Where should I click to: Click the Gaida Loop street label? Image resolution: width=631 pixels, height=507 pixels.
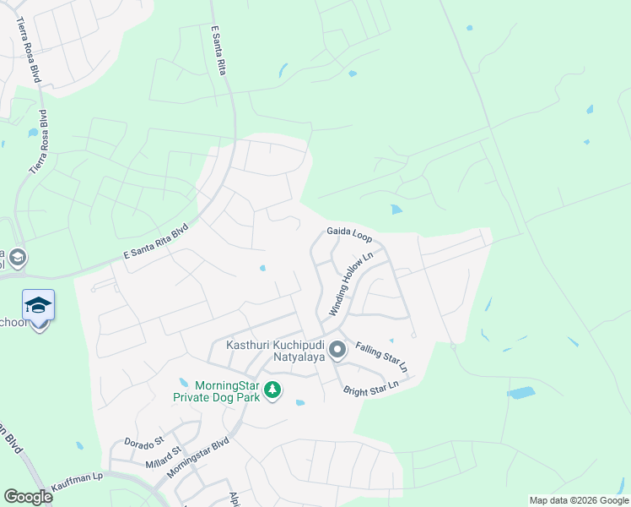349,234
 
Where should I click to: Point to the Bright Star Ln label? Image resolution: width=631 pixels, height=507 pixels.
370,388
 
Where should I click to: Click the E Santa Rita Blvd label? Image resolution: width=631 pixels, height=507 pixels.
155,248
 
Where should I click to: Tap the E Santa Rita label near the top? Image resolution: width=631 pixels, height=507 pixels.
221,52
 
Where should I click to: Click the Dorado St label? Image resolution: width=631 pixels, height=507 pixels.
143,443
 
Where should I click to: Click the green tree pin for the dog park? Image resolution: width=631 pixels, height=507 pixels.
272,390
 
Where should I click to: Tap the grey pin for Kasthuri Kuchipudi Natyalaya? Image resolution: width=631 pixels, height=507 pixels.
337,349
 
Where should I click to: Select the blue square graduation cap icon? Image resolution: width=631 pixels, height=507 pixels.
38,305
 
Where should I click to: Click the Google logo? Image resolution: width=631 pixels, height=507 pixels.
28,497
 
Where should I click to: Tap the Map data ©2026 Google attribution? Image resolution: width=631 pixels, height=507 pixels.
579,500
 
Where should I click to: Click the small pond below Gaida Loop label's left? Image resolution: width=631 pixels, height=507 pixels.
262,269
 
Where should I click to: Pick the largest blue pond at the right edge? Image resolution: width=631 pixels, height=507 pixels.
520,393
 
